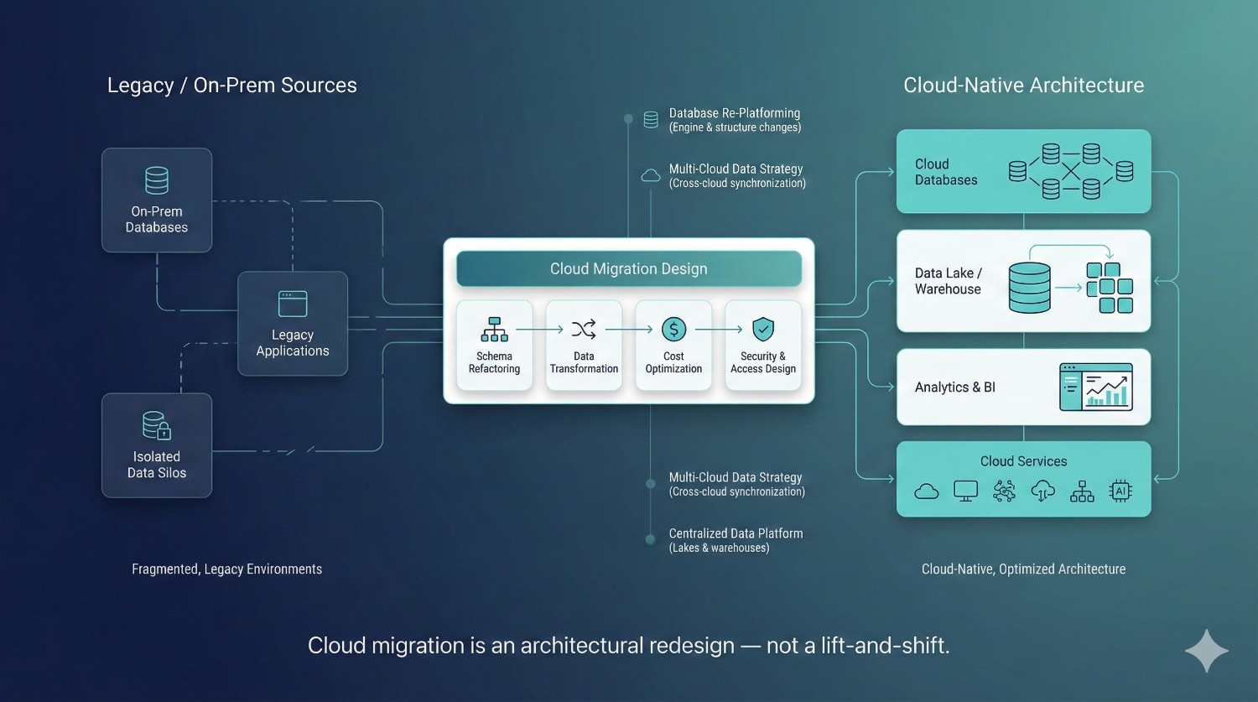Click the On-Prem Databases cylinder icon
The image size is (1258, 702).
(x=157, y=180)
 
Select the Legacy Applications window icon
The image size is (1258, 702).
(x=293, y=304)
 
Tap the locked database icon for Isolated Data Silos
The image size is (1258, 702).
(x=157, y=425)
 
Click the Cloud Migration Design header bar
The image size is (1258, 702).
(x=629, y=269)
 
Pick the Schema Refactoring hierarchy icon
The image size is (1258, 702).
(x=494, y=330)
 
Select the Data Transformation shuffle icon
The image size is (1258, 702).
(x=584, y=329)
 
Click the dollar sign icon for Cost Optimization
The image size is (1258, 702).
(x=673, y=330)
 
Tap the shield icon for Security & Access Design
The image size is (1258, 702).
(x=762, y=329)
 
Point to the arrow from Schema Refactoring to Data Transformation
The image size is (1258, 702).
(x=539, y=330)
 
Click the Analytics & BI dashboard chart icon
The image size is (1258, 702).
(x=1096, y=387)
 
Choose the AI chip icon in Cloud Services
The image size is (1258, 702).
(x=1120, y=491)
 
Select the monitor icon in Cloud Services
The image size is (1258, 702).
(x=965, y=491)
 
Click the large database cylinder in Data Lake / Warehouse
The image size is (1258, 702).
(x=1029, y=288)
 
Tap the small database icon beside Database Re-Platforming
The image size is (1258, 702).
(x=651, y=120)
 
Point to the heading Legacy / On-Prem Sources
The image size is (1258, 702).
(x=232, y=86)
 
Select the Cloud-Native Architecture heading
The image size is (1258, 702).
(x=1023, y=86)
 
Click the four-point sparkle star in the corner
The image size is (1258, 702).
(x=1206, y=651)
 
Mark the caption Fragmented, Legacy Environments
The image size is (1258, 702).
(x=226, y=569)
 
